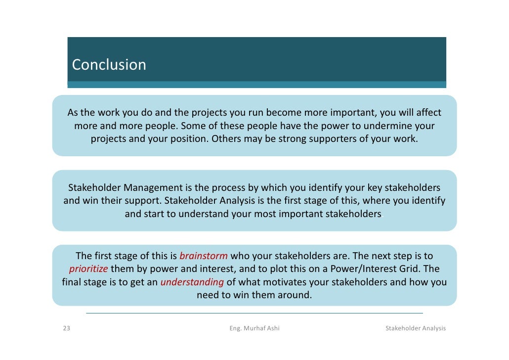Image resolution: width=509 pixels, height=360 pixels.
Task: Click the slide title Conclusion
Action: pos(109,65)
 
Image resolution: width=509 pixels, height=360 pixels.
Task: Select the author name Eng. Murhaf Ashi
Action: pos(254,328)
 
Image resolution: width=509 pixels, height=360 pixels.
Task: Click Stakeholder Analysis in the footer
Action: pos(415,328)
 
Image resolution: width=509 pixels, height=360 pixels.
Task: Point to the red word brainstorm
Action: pos(204,256)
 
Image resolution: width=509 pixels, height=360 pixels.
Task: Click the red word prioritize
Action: pos(88,269)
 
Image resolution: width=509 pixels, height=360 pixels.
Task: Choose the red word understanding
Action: pos(192,282)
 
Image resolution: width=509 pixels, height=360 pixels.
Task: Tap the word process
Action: pos(231,188)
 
